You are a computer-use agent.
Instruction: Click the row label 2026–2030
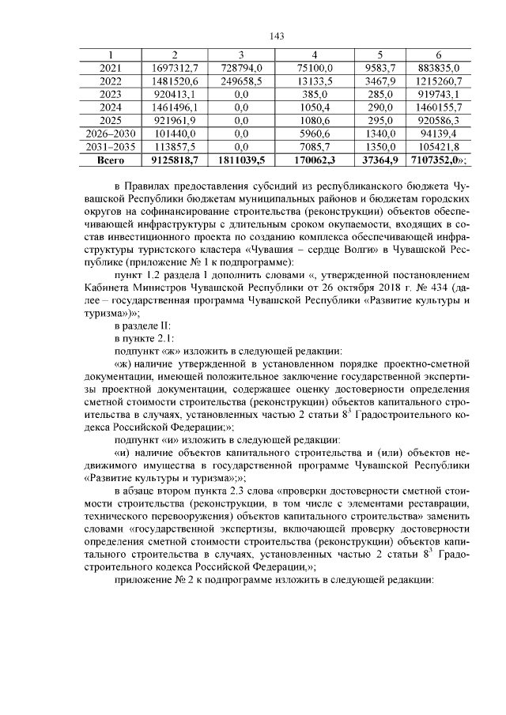[110, 134]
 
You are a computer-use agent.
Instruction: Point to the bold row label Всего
[110, 160]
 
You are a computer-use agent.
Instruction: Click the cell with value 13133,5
[314, 81]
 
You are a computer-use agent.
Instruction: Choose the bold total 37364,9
[379, 160]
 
